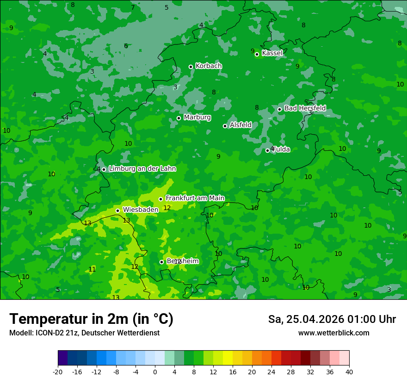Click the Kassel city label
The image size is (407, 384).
pos(272,53)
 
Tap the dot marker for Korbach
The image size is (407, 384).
pos(191,67)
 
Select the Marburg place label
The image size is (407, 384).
pos(197,118)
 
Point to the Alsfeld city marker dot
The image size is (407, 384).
pos(225,126)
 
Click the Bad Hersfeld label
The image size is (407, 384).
pos(305,108)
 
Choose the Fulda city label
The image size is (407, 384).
pos(281,149)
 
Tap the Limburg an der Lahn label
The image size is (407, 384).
pos(142,169)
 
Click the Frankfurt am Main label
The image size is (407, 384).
pos(195,198)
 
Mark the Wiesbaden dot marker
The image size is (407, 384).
pos(117,211)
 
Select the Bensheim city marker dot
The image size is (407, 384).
pos(161,262)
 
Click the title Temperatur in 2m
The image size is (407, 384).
pos(91,319)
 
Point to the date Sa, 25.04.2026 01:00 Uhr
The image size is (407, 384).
pos(332,319)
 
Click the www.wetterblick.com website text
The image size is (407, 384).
pos(333,333)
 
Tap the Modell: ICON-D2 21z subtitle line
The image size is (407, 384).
pos(84,333)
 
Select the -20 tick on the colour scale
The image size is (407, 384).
pos(58,372)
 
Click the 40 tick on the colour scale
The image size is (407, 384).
pos(349,372)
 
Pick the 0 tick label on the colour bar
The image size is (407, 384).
pos(155,372)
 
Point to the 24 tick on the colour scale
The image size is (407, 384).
pos(271,372)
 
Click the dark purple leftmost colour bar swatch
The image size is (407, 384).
pos(63,358)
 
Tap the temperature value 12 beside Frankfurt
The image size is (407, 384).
pos(167,208)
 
